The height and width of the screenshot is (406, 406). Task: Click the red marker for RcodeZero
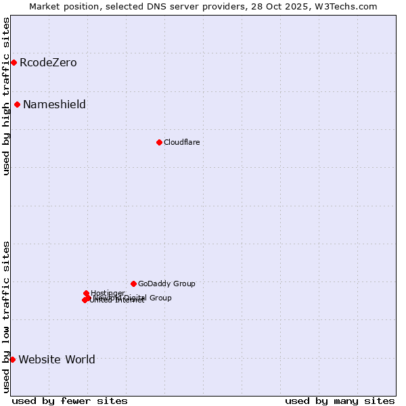[x=14, y=63]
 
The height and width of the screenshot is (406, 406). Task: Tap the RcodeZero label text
[x=48, y=63]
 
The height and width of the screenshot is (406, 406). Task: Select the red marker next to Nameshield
[x=17, y=104]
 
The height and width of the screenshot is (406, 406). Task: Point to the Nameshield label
[x=54, y=104]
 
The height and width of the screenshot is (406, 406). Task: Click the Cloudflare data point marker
[x=159, y=142]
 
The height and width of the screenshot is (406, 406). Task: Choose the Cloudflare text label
[x=181, y=142]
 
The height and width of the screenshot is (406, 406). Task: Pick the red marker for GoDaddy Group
[x=133, y=284]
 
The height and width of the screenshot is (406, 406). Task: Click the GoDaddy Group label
[x=166, y=284]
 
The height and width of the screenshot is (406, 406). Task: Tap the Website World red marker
[x=12, y=359]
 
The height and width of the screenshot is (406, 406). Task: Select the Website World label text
[x=57, y=359]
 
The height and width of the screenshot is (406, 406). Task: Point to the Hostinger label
[x=108, y=293]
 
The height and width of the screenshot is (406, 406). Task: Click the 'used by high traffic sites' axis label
[x=6, y=96]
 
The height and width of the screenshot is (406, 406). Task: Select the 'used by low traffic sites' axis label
[x=6, y=316]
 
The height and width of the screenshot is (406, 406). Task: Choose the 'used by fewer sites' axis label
[x=70, y=401]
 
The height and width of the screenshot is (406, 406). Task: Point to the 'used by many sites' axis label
[x=340, y=401]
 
